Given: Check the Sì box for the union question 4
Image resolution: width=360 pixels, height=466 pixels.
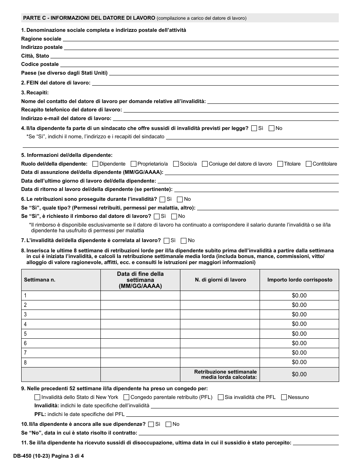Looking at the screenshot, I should click(x=254, y=128).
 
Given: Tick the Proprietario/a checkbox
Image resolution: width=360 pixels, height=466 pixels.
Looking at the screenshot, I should click(x=133, y=164).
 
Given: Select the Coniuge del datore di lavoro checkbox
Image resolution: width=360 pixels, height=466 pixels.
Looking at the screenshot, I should click(x=205, y=164).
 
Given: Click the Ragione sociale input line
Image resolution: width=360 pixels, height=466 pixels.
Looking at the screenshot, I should click(x=201, y=39).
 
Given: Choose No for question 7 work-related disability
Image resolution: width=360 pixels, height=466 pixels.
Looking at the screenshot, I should click(x=184, y=241).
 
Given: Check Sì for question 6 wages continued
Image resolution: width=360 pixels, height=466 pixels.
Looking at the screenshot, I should click(x=163, y=199).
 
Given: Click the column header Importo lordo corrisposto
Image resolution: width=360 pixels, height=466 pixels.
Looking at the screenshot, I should click(x=299, y=280).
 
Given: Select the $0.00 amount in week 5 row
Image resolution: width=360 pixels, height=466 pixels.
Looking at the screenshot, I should click(x=299, y=334).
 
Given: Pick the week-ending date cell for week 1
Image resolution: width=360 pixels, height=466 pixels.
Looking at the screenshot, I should click(x=140, y=296).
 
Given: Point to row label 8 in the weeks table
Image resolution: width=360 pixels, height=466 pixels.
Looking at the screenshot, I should click(x=25, y=363).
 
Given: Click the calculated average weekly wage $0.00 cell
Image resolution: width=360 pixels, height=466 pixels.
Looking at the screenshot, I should click(x=299, y=374).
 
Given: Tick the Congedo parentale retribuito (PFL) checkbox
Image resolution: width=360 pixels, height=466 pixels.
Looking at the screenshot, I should click(x=127, y=397).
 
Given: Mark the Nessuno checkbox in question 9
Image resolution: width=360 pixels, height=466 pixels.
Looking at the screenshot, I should click(x=284, y=397).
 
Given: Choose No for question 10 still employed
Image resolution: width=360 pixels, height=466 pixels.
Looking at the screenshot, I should click(x=169, y=424).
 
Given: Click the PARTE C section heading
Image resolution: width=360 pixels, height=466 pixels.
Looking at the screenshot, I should click(x=89, y=18).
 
